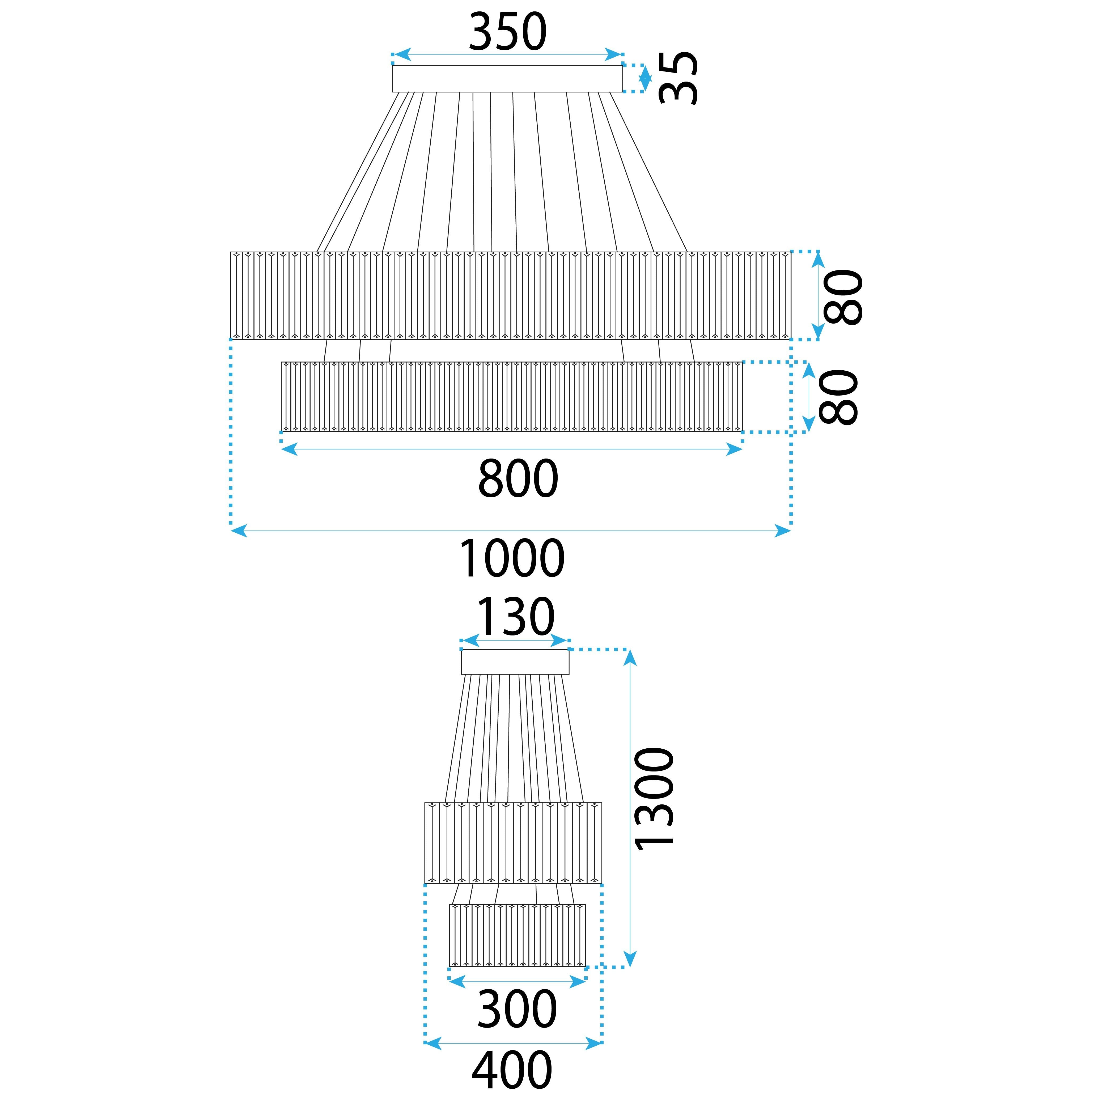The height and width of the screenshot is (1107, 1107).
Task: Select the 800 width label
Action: pyautogui.click(x=518, y=478)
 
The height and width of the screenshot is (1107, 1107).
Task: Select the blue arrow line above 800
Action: pyautogui.click(x=512, y=450)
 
